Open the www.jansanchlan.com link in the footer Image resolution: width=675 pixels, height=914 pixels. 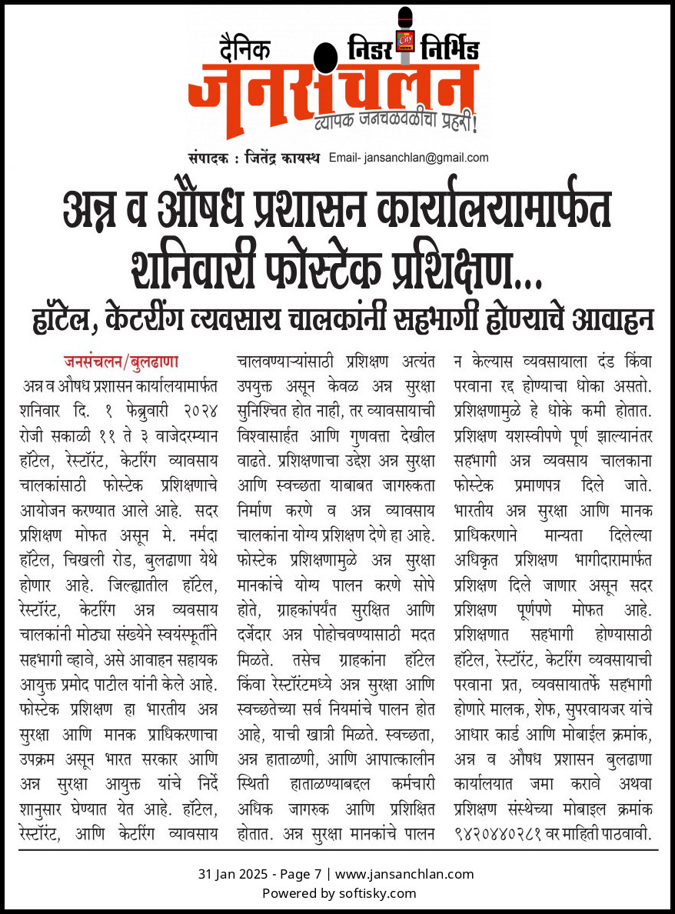(x=404, y=874)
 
